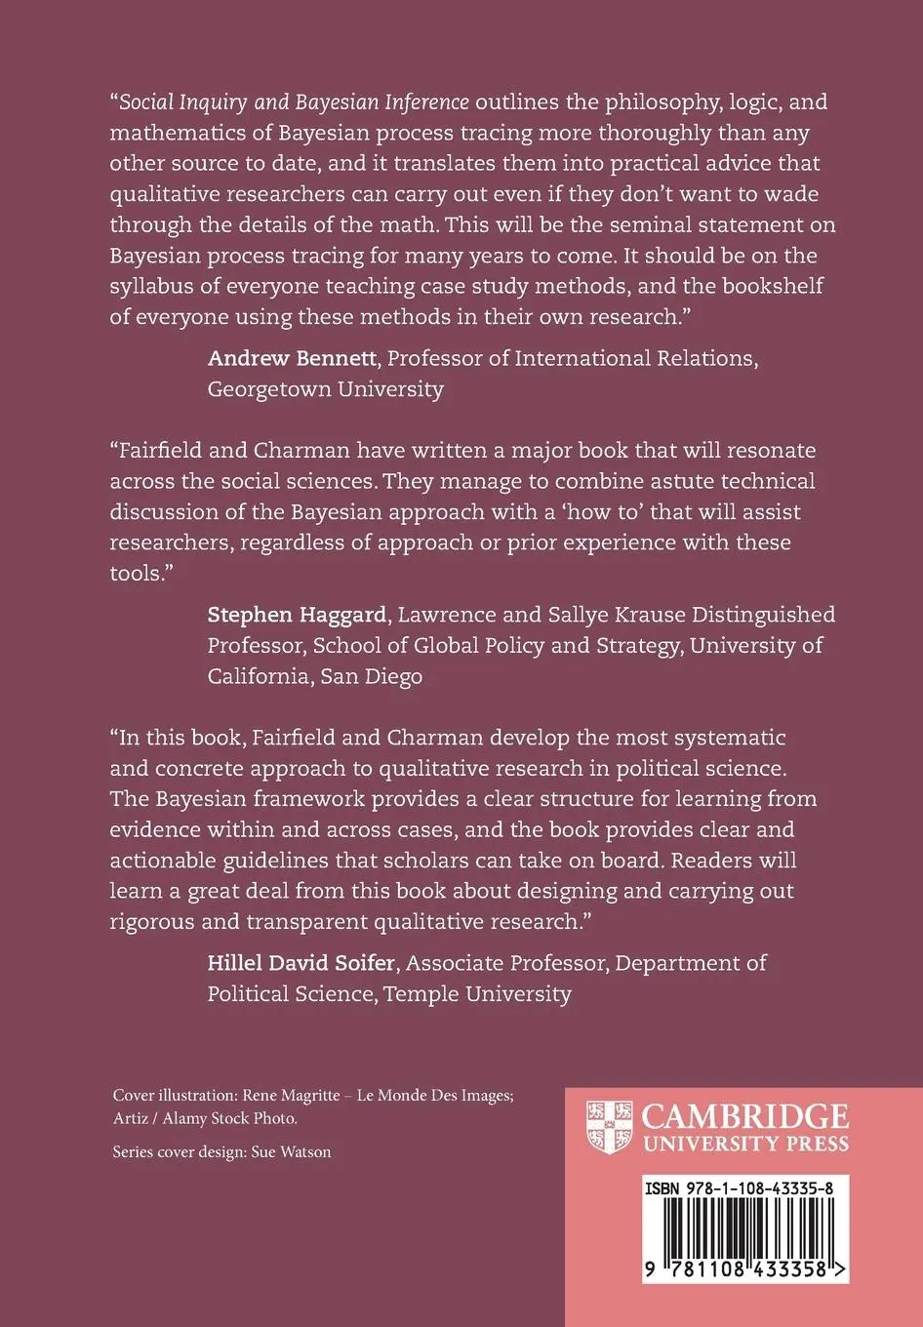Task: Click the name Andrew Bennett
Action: (x=292, y=358)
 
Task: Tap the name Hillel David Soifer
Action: (x=301, y=963)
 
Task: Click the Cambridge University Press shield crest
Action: (x=609, y=1127)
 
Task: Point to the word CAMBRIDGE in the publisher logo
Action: (x=745, y=1115)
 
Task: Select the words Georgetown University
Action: (x=325, y=389)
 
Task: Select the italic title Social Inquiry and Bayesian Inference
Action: (x=294, y=102)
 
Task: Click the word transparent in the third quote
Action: (x=303, y=922)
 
